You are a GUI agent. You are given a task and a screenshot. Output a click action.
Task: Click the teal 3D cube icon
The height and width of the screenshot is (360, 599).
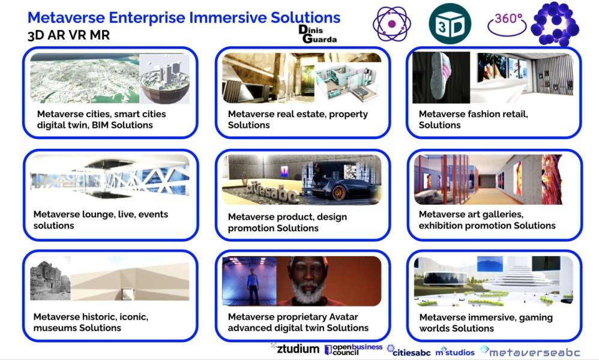coord(450,23)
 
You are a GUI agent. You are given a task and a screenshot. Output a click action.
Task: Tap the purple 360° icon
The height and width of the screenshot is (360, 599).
coord(507,23)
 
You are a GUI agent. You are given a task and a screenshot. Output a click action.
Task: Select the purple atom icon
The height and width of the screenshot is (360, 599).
coord(391,23)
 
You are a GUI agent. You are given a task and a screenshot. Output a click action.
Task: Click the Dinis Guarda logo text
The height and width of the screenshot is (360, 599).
coord(318,34)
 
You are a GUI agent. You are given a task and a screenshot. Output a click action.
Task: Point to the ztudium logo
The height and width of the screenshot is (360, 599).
coord(295,348)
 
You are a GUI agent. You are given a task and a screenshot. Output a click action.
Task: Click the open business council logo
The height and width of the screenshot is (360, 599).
coord(353,349)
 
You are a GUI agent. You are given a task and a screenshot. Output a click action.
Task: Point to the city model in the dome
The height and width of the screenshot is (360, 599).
coord(164,82)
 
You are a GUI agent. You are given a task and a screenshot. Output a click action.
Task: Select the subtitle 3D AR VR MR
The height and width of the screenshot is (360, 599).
coord(69,35)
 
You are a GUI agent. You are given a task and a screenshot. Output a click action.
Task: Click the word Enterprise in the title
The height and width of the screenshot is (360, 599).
coord(146,17)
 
